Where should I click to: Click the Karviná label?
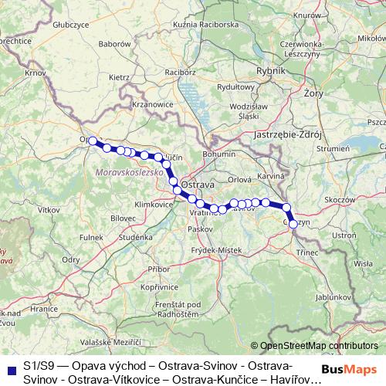(x=272, y=177)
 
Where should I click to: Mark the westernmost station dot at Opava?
(x=93, y=141)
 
